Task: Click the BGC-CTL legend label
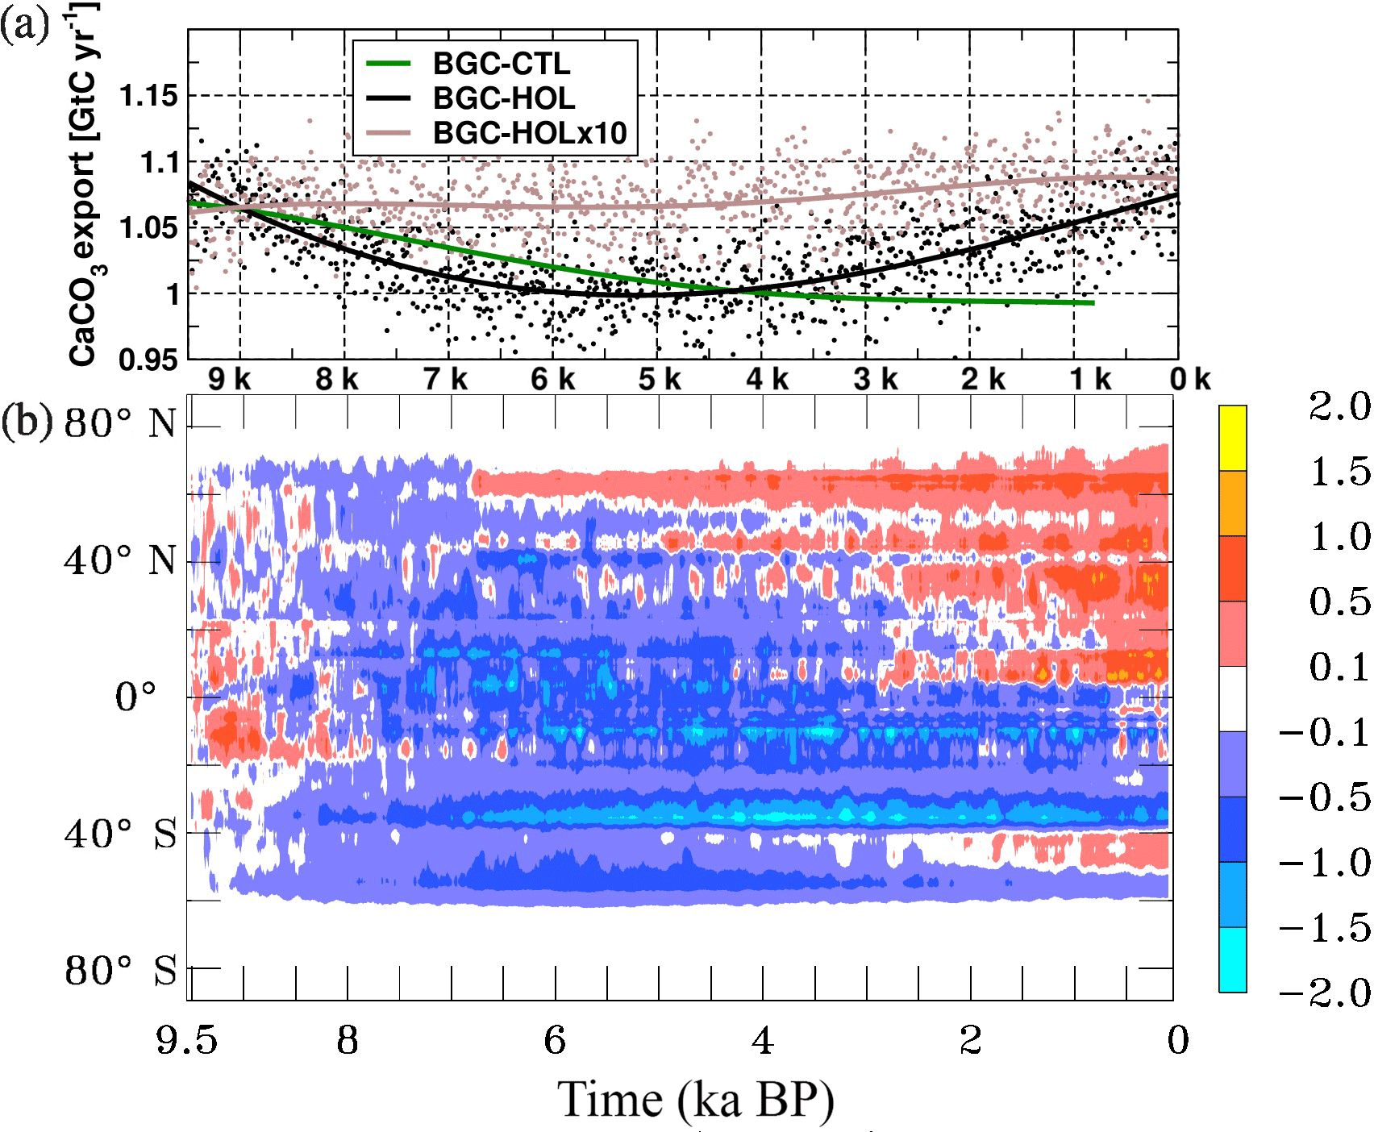(x=501, y=64)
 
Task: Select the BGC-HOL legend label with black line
(x=504, y=98)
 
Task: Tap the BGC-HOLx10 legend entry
(x=530, y=133)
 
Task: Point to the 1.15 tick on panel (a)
(x=148, y=96)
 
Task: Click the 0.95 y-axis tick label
(x=148, y=360)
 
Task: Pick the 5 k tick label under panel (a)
(x=660, y=379)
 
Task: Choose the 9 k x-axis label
(x=229, y=379)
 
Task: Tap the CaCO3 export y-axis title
(x=85, y=185)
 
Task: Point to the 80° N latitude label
(x=120, y=423)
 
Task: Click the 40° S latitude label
(x=120, y=833)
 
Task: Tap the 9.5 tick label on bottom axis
(x=186, y=1041)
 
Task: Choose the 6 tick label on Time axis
(x=554, y=1041)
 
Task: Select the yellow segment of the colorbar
(x=1232, y=438)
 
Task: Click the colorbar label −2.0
(x=1324, y=993)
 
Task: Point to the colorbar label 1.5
(x=1339, y=472)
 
